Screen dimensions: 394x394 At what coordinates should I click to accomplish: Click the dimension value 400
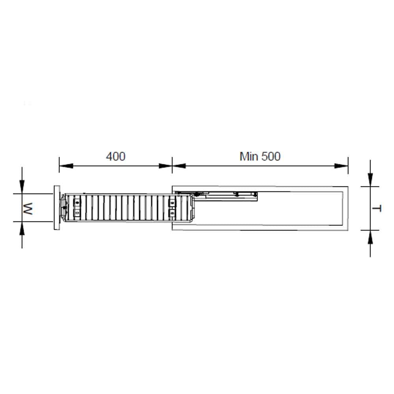115,156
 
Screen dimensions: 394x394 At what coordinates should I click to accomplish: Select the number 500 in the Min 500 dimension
271,156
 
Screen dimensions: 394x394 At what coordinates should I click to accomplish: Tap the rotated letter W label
28,208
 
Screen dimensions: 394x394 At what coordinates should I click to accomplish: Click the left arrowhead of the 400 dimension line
66,166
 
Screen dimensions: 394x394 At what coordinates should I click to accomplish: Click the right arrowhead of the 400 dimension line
165,166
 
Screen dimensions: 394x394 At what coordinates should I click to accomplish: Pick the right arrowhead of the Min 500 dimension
341,166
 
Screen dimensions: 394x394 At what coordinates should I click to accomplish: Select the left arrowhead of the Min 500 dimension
179,166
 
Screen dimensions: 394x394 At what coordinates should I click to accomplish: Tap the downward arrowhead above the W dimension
22,187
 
